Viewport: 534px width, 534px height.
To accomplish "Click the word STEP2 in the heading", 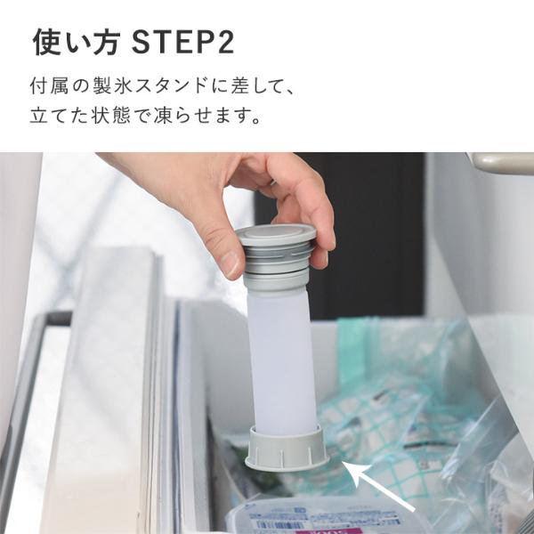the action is tap(183, 42).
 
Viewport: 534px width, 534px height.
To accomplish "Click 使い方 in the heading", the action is tap(77, 42).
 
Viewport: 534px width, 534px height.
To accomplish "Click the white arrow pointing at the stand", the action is tap(378, 486).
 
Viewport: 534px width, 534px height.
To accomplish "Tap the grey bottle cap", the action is tap(276, 235).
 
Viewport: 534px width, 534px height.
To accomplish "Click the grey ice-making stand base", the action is tap(287, 448).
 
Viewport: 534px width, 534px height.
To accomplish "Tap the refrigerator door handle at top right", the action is tap(500, 163).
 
